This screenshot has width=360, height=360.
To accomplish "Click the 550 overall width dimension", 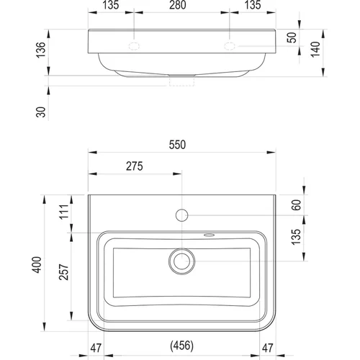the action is (177, 145).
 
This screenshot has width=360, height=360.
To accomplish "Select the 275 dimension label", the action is (135, 166).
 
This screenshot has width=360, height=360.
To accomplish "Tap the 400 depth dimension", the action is (37, 265).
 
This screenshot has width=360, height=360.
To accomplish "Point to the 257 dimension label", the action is (64, 272).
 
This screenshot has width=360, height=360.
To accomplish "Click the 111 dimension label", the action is (64, 212).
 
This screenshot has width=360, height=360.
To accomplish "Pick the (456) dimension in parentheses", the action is (181, 346).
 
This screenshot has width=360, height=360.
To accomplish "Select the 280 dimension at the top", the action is (178, 5).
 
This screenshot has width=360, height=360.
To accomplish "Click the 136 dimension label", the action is (41, 50).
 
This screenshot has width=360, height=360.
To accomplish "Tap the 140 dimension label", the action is (315, 49).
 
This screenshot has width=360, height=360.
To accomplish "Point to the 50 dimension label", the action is (292, 37).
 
